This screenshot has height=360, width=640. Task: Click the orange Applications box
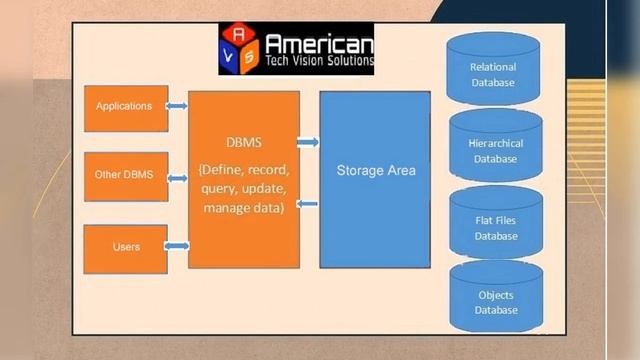click(124, 107)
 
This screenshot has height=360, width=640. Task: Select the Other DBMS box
click(124, 176)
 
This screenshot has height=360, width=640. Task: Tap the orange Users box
click(124, 247)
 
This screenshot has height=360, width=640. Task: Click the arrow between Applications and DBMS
click(177, 106)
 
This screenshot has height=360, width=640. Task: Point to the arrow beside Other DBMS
click(177, 178)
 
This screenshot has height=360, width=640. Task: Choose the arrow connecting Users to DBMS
click(177, 246)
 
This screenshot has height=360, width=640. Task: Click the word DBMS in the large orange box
click(243, 142)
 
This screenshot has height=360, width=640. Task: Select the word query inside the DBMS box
click(221, 189)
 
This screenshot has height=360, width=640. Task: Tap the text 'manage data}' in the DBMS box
click(243, 208)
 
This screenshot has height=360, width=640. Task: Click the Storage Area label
click(375, 171)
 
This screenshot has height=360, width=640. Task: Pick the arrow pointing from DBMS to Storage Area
click(308, 143)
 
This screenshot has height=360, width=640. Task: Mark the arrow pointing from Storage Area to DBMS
click(308, 204)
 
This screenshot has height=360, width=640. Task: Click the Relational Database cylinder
click(493, 71)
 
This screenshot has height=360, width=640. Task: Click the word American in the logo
click(318, 44)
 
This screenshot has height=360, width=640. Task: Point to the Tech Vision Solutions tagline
click(318, 61)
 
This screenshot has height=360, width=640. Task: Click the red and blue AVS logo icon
click(240, 50)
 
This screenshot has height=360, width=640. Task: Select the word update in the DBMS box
click(266, 189)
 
